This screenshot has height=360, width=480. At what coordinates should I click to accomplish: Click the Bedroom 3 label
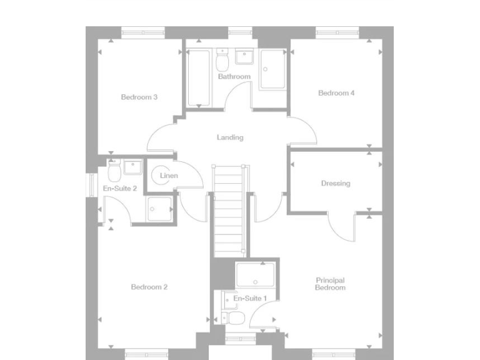[139, 97]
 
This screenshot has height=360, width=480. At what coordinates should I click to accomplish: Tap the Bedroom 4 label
[336, 93]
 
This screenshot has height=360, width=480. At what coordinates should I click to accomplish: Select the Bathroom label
[234, 77]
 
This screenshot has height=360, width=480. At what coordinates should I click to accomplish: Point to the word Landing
[230, 137]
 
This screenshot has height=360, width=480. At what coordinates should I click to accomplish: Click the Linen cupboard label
[169, 176]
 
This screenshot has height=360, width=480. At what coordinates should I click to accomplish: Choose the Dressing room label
[336, 184]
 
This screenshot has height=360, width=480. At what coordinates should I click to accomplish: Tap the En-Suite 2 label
[120, 187]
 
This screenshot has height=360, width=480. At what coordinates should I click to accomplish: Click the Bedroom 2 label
[149, 287]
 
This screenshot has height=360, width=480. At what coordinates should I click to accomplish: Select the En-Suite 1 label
[250, 299]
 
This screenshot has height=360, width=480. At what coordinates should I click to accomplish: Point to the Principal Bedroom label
[330, 284]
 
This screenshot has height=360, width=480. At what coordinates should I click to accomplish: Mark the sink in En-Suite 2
[132, 167]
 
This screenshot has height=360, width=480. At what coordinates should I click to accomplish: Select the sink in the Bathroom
[243, 57]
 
